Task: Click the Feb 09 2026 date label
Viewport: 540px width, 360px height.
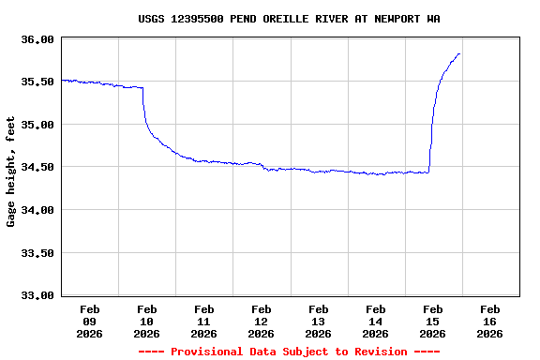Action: [90, 321]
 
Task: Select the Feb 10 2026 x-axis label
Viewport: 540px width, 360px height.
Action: [147, 321]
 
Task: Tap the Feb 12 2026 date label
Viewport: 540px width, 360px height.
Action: [262, 321]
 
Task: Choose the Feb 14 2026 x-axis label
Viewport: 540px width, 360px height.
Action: [376, 321]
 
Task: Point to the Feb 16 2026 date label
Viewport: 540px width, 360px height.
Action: [490, 321]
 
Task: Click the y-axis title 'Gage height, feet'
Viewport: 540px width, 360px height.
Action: [11, 172]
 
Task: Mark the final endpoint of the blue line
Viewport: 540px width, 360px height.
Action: [459, 53]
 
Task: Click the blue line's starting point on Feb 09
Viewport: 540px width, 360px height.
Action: [62, 81]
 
